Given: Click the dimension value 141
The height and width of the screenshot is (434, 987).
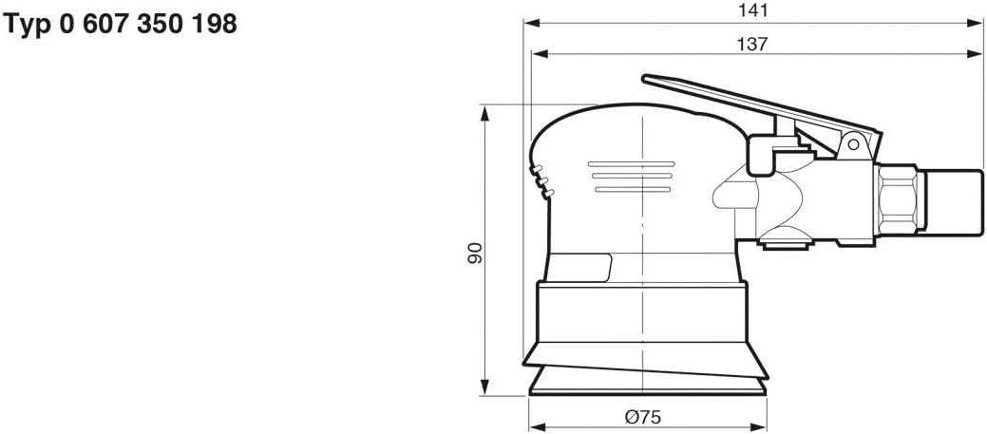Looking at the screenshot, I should (754, 11).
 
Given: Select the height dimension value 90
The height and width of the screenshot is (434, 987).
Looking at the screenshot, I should (475, 251).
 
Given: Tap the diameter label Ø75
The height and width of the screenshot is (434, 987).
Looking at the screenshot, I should (642, 416).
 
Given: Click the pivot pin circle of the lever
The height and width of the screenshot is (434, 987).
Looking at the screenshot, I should (852, 144).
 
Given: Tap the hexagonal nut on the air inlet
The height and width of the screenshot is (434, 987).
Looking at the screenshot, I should (899, 202).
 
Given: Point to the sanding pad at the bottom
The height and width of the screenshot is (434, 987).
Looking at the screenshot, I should (646, 385).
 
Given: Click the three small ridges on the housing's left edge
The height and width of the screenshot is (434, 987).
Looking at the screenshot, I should (541, 180).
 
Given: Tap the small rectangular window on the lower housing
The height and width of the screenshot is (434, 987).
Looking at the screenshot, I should (579, 268).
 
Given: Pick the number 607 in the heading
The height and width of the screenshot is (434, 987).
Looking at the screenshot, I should (101, 26).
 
